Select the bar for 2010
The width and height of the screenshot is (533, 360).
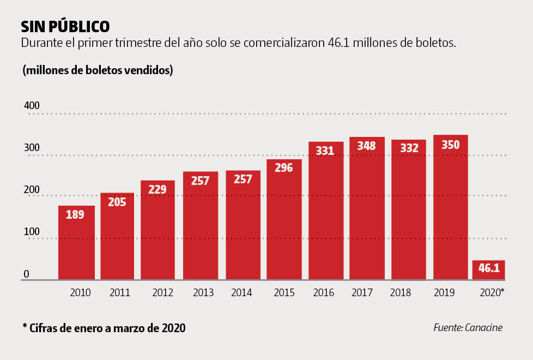(x=76, y=243)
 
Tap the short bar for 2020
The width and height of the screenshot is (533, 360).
(x=488, y=269)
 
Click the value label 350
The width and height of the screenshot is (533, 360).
(x=451, y=145)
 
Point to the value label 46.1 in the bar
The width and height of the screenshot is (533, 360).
(x=489, y=268)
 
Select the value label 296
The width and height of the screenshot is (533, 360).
(x=284, y=167)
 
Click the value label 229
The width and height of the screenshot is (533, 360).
(x=158, y=189)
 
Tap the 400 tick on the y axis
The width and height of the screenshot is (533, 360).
(x=32, y=105)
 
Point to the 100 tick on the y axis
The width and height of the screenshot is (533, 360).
(x=31, y=232)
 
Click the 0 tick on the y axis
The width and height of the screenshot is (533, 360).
(x=26, y=274)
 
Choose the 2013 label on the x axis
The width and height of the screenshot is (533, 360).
(x=203, y=293)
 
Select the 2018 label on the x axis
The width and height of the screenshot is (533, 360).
(x=401, y=293)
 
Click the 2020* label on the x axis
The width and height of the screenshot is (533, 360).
(x=492, y=293)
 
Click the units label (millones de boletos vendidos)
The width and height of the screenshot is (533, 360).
(x=98, y=70)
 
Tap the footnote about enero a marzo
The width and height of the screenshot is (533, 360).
(x=104, y=328)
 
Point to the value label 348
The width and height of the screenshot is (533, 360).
(x=367, y=146)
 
